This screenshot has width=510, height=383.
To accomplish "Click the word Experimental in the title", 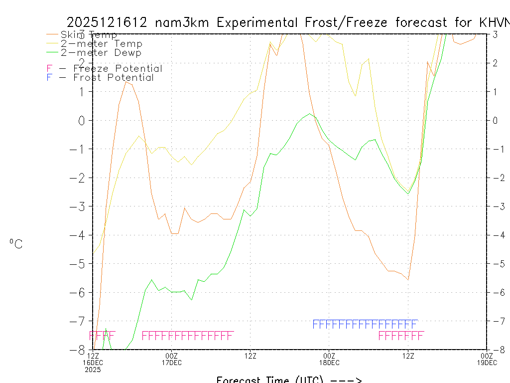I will (257, 22).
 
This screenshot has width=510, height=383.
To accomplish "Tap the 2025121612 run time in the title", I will (107, 22).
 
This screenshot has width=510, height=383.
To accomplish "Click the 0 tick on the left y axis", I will (82, 120).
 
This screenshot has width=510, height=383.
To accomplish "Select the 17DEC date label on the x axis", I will (172, 362).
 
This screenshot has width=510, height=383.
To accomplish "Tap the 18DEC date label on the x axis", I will (329, 362).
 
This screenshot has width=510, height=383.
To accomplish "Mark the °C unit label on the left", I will (15, 244).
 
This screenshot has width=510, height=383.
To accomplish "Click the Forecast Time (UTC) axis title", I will (289, 380).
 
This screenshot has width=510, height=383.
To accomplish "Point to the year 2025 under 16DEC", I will (93, 370).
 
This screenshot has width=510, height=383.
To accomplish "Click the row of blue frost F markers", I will (365, 324).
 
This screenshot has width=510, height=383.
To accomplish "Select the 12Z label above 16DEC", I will (93, 356).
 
